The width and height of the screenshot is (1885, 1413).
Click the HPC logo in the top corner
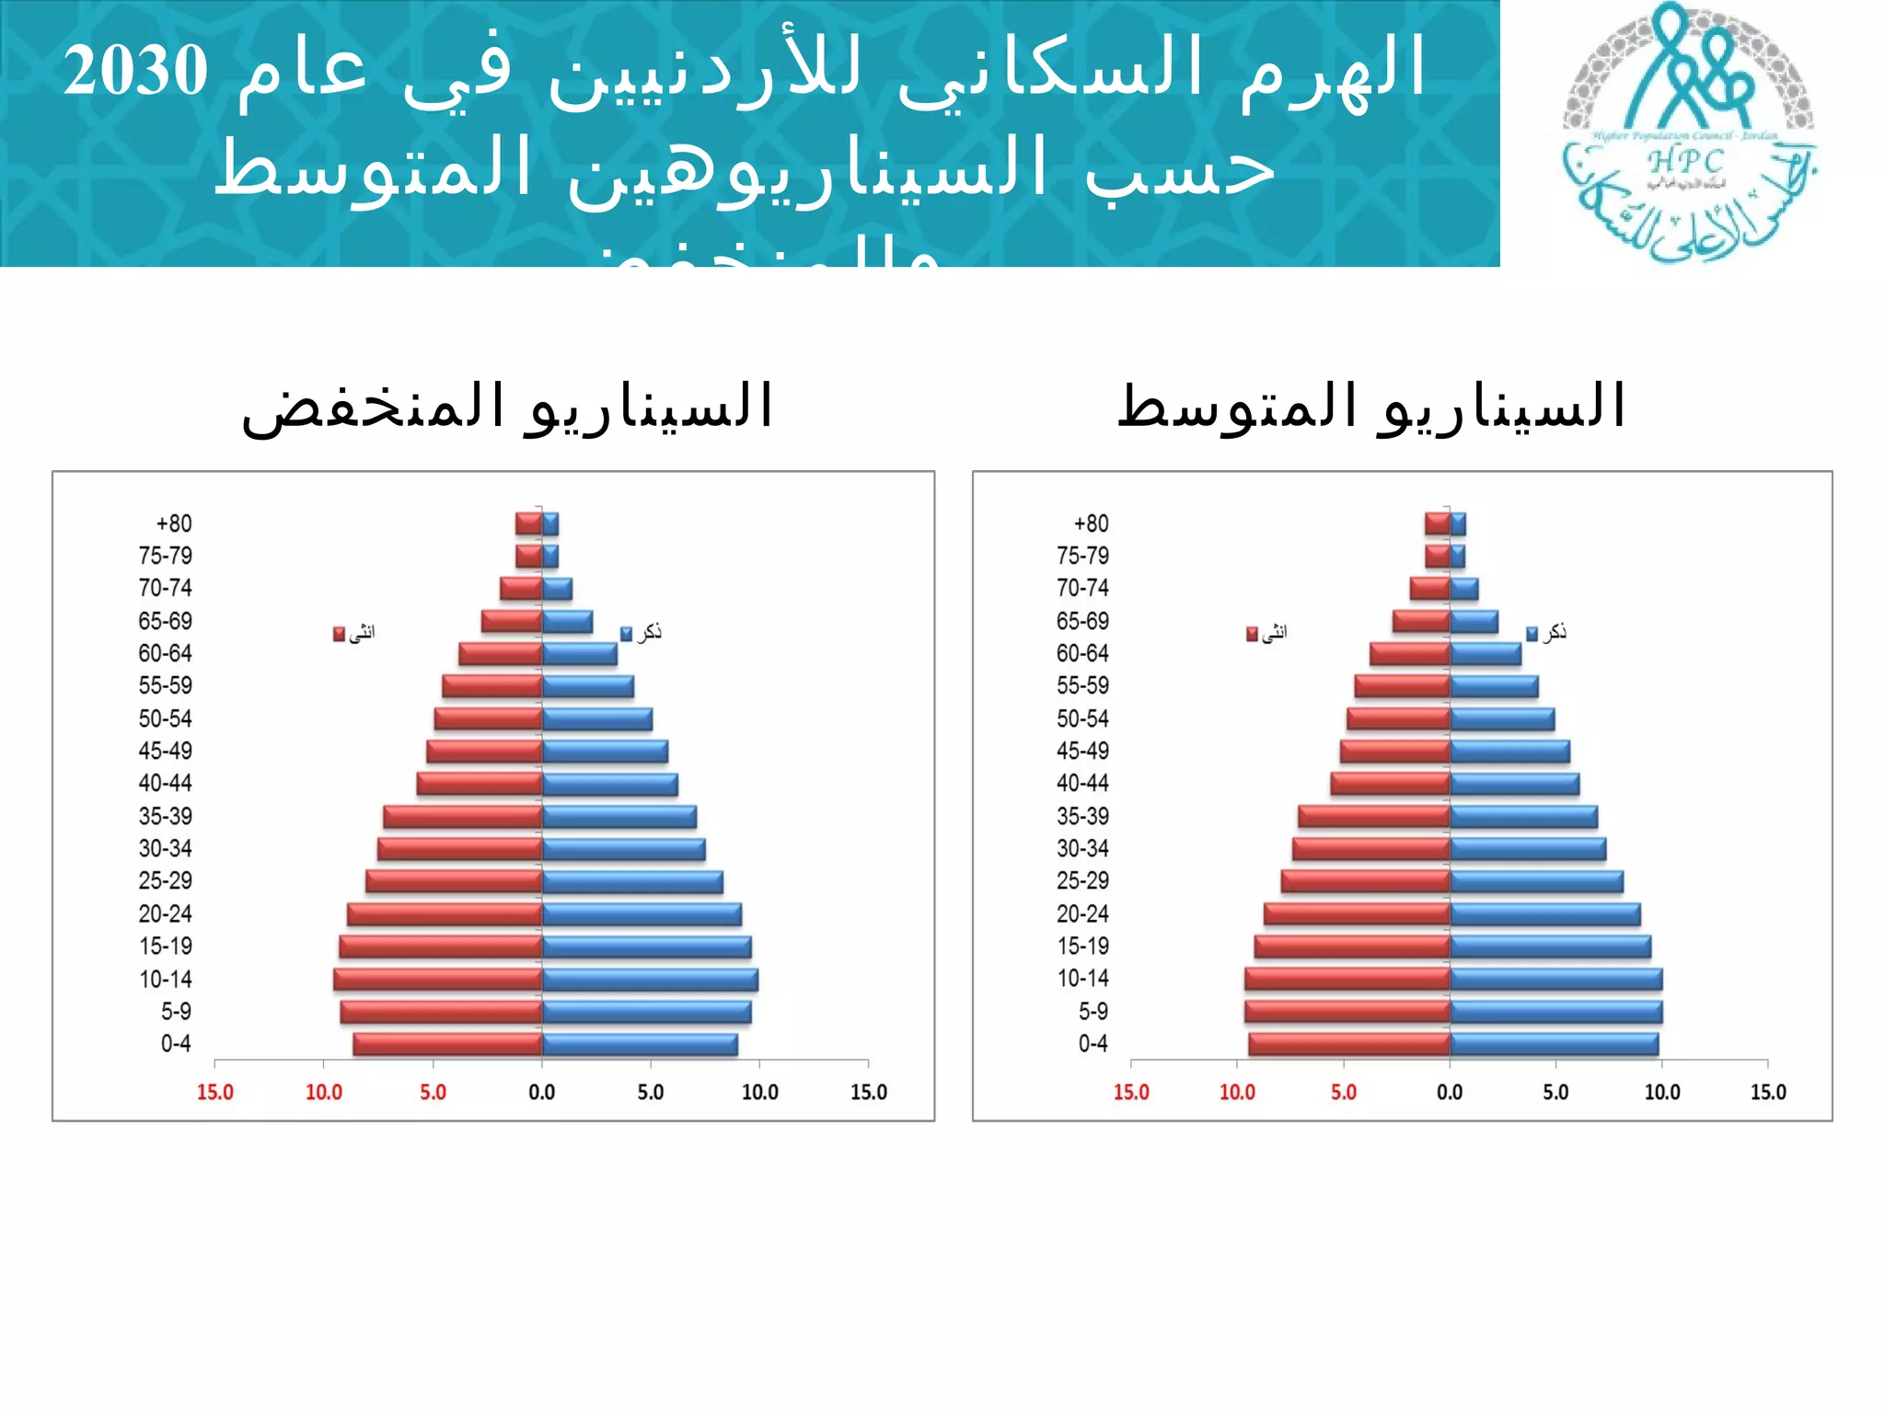[x=1689, y=133]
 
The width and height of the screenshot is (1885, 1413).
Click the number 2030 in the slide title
[x=135, y=71]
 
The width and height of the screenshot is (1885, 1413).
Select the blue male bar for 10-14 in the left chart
[x=650, y=980]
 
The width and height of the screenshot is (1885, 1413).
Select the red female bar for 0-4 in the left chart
[x=448, y=1044]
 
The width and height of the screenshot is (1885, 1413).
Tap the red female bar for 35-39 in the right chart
[x=1374, y=816]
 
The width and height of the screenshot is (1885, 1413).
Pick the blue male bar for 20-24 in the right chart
[x=1544, y=914]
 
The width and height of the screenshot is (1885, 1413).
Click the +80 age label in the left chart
[x=173, y=523]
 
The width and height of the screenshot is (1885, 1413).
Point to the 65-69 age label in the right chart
[x=1082, y=621]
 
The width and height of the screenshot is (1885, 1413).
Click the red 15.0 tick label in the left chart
[x=215, y=1092]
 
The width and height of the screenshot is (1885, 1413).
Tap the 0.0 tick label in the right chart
[x=1450, y=1092]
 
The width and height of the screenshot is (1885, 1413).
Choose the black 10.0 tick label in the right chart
[x=1661, y=1092]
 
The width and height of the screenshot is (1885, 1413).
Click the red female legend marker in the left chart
[x=339, y=634]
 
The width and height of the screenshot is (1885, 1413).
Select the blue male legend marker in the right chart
[x=1532, y=634]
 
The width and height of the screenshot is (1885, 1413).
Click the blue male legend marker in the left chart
[x=626, y=634]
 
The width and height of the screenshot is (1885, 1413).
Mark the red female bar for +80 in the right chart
[x=1438, y=524]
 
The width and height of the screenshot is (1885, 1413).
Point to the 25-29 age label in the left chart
[x=166, y=880]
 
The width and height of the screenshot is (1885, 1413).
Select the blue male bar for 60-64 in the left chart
[x=579, y=654]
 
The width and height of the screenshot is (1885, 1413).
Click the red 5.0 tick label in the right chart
[x=1343, y=1092]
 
